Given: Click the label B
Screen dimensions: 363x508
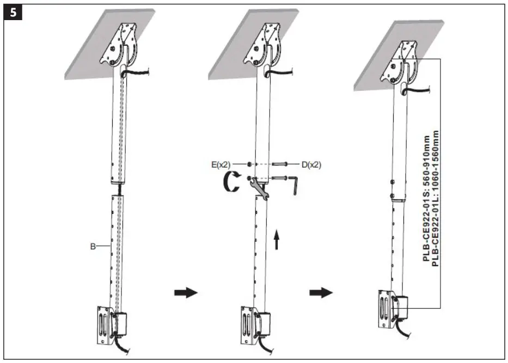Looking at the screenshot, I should tap(93, 247).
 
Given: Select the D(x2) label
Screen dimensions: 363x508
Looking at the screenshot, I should tap(311, 163).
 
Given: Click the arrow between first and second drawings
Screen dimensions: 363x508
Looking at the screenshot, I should tap(184, 293).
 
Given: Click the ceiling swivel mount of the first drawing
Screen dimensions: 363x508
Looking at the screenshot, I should tap(125, 46).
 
